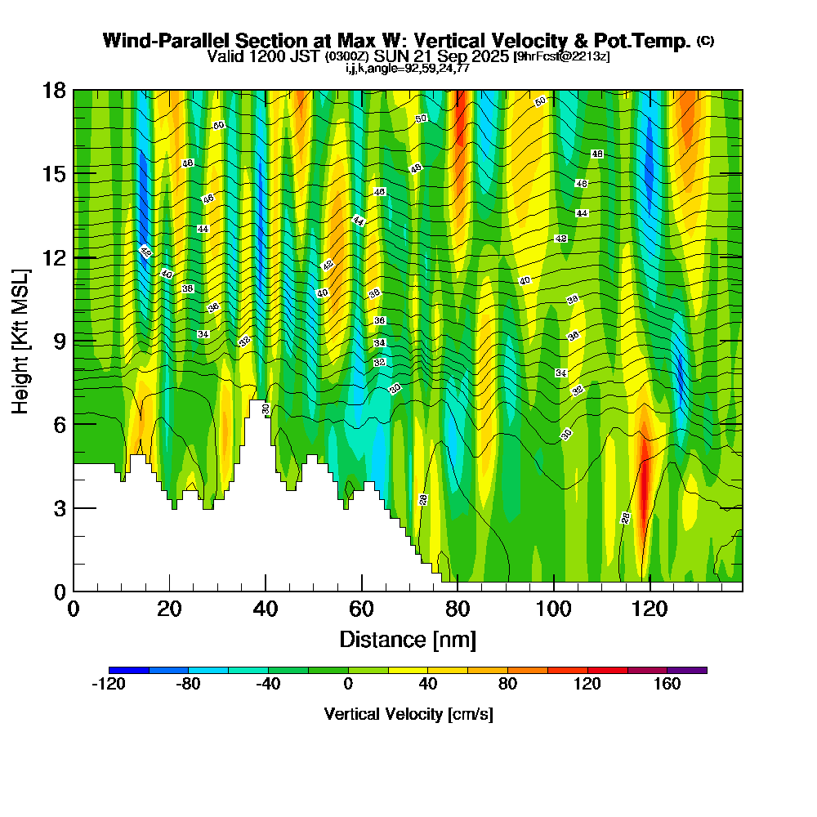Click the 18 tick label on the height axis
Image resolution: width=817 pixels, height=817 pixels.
[55, 90]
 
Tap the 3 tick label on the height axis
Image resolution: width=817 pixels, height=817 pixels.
[59, 508]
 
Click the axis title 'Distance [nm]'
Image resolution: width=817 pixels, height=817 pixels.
[408, 639]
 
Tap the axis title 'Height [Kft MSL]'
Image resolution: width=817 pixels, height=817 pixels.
[20, 341]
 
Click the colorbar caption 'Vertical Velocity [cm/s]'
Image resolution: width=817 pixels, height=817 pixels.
[408, 714]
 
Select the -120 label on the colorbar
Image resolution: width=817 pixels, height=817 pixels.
[108, 685]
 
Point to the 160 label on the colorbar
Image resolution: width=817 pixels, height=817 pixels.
[667, 685]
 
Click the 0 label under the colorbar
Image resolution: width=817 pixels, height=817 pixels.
[348, 685]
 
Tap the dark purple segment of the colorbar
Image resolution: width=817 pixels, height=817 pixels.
[687, 670]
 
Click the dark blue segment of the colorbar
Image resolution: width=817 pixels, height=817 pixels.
[128, 670]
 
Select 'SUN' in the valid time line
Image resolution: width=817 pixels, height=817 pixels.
[391, 56]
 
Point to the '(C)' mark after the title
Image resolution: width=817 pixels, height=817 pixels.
[706, 41]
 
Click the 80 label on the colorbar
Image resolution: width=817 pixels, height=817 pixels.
[507, 685]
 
